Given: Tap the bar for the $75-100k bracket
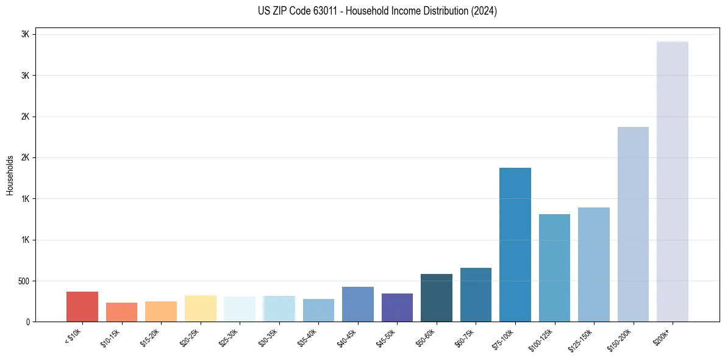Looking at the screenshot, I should [x=515, y=245].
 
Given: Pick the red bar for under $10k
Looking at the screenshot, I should [x=82, y=306].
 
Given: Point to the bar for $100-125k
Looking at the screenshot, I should [x=554, y=268].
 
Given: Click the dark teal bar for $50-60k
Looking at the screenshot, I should [x=436, y=298].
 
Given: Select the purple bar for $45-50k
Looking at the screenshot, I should [x=397, y=308].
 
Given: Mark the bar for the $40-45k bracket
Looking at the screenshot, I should [x=357, y=304].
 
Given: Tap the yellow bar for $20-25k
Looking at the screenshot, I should [x=200, y=308].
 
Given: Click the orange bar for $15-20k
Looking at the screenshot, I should [x=161, y=311].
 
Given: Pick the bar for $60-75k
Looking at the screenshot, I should [x=476, y=295].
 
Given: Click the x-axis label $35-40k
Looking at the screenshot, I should [x=307, y=337].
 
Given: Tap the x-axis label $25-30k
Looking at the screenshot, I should [x=229, y=337].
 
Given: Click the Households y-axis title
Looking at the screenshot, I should [x=10, y=175].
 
